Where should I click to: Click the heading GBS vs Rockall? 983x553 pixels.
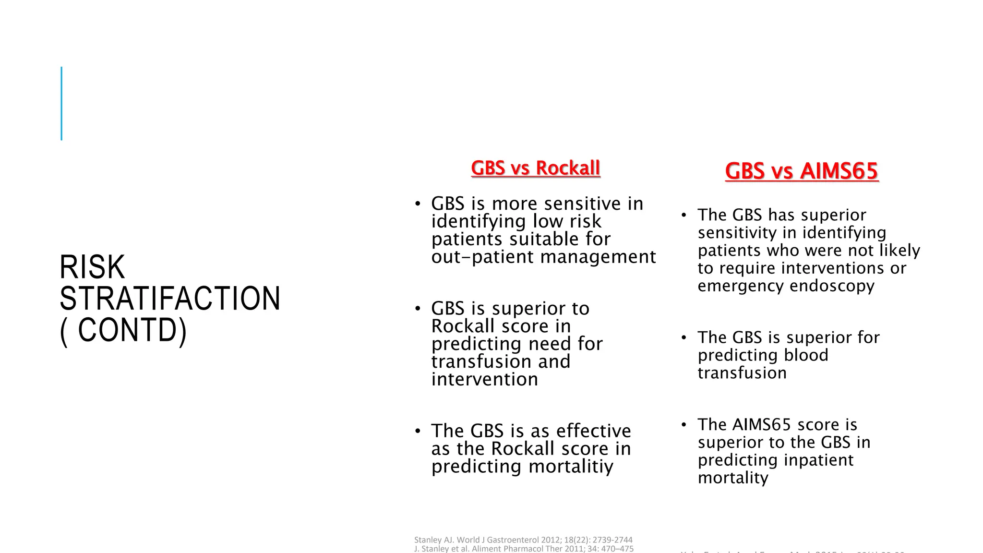click(x=535, y=168)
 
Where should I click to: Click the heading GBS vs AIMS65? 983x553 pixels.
click(x=801, y=171)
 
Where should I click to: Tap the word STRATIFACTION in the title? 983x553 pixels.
click(x=170, y=299)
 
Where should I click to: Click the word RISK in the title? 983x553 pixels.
click(x=92, y=267)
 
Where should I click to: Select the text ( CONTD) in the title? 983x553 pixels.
click(x=123, y=330)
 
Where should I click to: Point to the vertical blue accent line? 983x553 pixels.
click(x=61, y=103)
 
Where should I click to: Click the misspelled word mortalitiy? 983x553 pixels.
click(x=570, y=467)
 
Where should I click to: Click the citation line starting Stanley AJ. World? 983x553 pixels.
click(x=523, y=540)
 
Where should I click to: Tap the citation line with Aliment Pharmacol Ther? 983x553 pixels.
click(x=524, y=549)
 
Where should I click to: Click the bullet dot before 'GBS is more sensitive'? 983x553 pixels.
click(x=418, y=204)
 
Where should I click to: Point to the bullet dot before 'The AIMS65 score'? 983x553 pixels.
click(x=684, y=424)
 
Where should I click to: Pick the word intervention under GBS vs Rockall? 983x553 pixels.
click(x=484, y=379)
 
